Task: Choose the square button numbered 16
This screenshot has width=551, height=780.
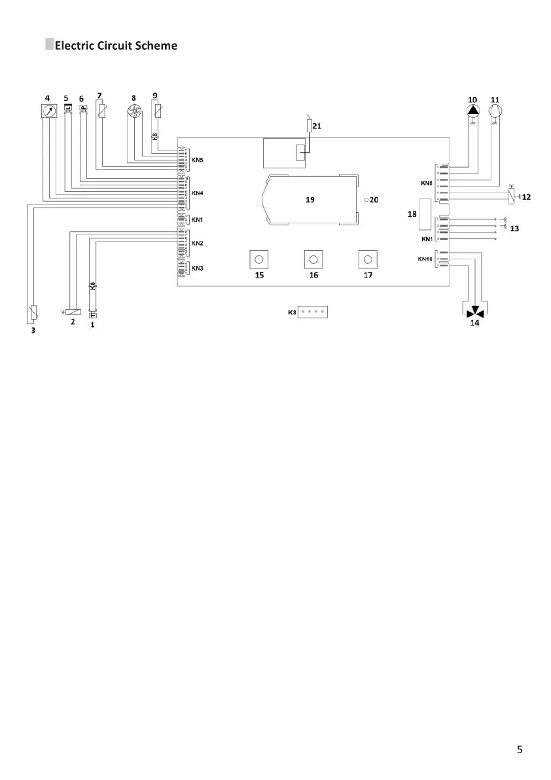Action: click(313, 260)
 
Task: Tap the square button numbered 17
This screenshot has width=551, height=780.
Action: click(368, 260)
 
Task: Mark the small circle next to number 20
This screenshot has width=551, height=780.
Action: click(366, 200)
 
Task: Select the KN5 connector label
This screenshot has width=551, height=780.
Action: click(197, 159)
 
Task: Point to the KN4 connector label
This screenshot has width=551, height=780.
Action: click(197, 193)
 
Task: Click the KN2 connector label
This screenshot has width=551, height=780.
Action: click(197, 244)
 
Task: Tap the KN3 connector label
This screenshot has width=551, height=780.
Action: click(197, 268)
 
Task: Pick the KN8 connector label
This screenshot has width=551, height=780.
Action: click(427, 183)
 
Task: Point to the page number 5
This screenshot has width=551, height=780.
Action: click(520, 750)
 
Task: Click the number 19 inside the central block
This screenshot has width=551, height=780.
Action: click(311, 200)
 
